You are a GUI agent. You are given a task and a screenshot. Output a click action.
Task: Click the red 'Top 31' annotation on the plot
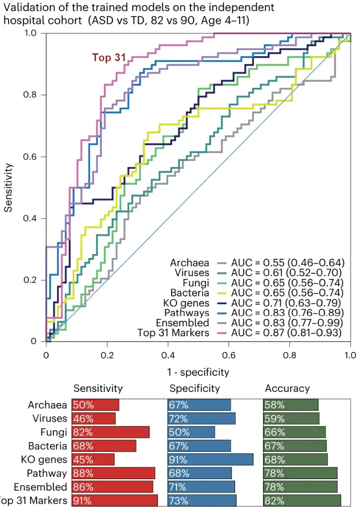coord(109,58)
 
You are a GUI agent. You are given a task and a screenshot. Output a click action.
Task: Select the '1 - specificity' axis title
coord(198,372)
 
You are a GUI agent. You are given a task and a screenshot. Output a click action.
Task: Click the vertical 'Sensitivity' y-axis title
coord(8,187)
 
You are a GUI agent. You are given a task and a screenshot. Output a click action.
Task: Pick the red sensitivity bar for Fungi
coord(111,432)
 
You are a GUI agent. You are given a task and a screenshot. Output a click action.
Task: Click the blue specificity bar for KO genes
coord(210,460)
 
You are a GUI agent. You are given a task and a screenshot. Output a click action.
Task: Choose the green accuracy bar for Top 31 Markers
coord(302,501)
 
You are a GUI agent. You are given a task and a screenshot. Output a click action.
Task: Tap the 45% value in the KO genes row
coord(83,460)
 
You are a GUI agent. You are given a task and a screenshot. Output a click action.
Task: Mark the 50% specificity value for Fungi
coord(178,432)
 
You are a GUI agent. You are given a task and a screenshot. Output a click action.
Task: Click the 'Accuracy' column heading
coord(287,389)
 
